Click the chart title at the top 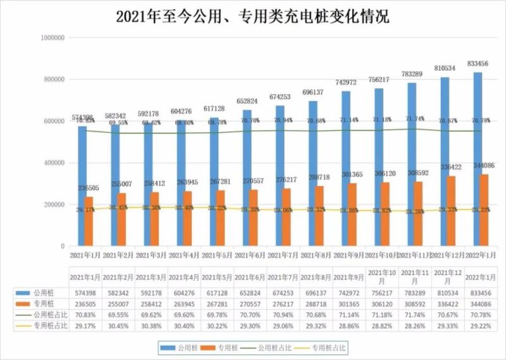[252, 16]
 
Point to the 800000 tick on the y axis [53, 80]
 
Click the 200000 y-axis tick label [53, 205]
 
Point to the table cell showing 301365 [350, 304]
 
